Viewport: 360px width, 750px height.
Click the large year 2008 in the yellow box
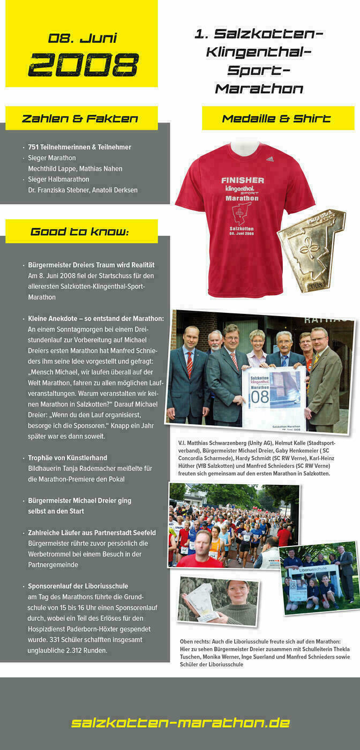83,65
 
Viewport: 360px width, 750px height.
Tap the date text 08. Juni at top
82,39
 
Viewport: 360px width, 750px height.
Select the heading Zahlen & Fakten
80,118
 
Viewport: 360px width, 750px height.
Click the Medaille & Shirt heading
276,118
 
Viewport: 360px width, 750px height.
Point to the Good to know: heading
80,232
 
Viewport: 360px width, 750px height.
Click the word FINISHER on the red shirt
243,180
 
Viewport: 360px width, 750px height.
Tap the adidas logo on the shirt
270,159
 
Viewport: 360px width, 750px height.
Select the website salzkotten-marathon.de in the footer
181,723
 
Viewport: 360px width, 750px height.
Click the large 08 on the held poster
260,397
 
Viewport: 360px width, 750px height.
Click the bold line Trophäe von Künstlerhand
67,458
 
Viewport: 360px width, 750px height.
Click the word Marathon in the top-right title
259,88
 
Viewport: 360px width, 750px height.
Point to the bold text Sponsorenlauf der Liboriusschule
78,586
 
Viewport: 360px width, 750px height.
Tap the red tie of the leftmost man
190,364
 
